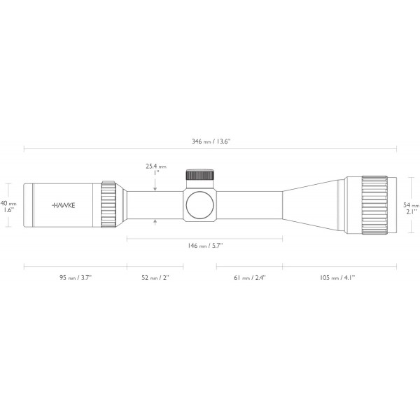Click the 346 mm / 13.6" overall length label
pos(211,141)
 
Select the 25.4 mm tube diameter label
pos(155,167)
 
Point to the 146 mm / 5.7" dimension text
pos(205,246)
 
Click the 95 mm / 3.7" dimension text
pos(75,277)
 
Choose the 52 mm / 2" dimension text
pos(155,277)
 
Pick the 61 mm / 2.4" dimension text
pos(249,277)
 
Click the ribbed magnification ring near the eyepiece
pos(108,204)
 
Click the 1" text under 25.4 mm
pos(156,174)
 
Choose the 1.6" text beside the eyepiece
pos(9,209)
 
